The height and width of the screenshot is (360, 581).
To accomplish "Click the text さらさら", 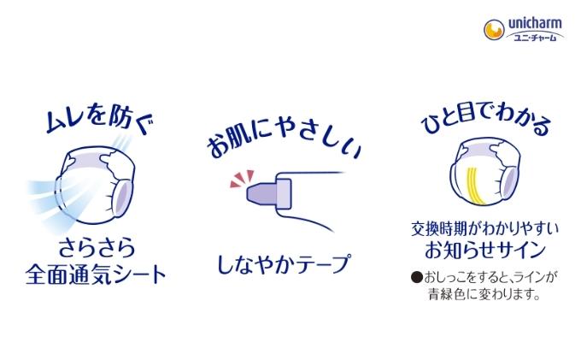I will pos(95,251).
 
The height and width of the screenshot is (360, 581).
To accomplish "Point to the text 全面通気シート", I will pos(95,275).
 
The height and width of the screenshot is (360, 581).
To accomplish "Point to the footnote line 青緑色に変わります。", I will pos(484,294).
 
